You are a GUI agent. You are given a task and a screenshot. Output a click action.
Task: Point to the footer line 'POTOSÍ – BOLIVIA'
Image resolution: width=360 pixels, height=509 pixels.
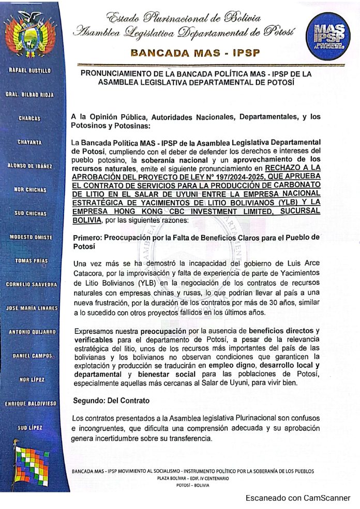click(x=193, y=485)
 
